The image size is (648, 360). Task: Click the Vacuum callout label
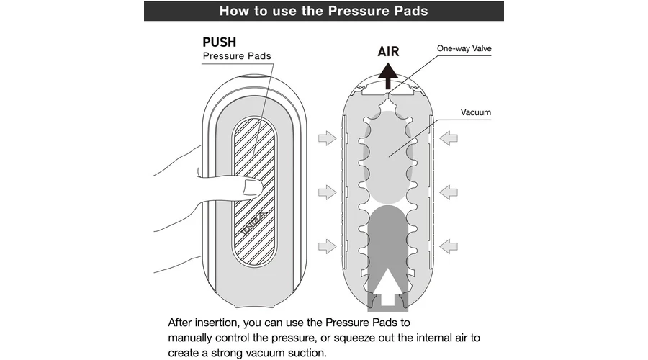pos(476,112)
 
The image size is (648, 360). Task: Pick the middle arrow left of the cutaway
pos(327,192)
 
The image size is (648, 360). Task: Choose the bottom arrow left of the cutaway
pos(327,247)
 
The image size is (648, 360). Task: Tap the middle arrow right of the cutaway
pos(449,192)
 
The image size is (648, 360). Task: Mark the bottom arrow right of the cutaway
pos(449,247)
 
